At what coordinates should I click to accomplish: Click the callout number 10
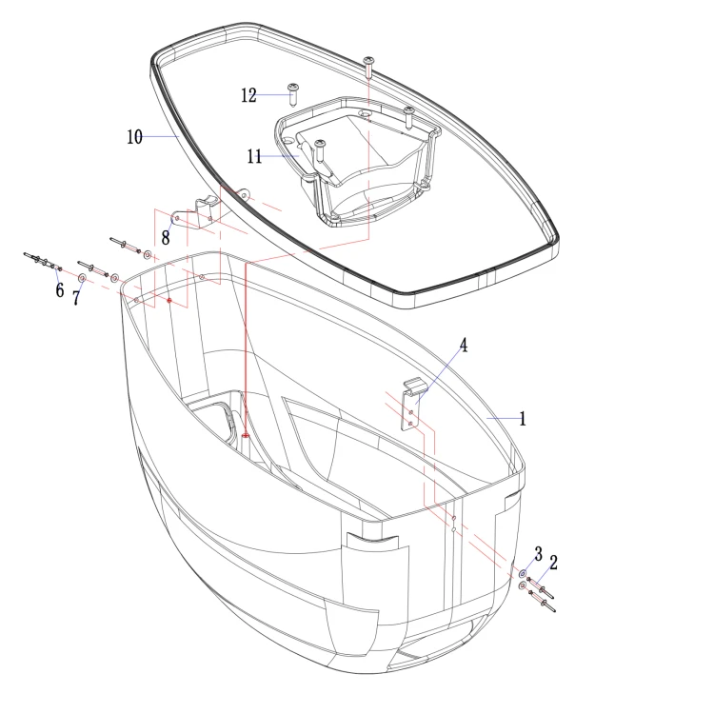pyautogui.click(x=134, y=137)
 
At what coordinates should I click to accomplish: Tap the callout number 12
pyautogui.click(x=248, y=95)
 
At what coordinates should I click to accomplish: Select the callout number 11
pyautogui.click(x=254, y=157)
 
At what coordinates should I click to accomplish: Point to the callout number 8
pyautogui.click(x=166, y=238)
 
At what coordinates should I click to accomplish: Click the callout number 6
pyautogui.click(x=60, y=290)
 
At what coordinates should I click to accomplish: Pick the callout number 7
pyautogui.click(x=76, y=298)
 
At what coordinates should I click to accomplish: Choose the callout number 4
pyautogui.click(x=463, y=346)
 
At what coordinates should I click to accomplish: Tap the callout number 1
pyautogui.click(x=523, y=419)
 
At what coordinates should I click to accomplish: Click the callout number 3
pyautogui.click(x=538, y=554)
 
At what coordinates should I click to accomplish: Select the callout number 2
pyautogui.click(x=553, y=563)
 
